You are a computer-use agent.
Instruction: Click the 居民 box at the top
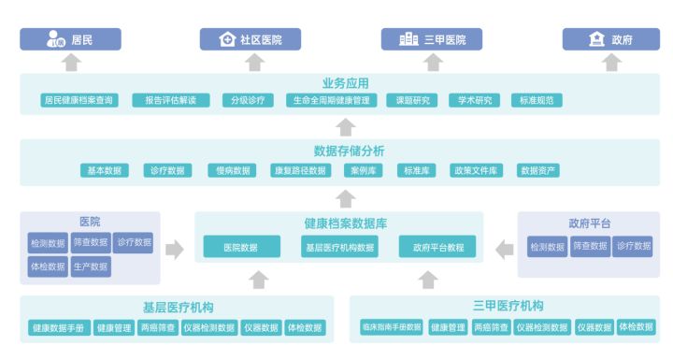click(x=71, y=39)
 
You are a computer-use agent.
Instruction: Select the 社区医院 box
click(x=251, y=39)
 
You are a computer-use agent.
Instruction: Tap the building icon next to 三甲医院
click(x=408, y=39)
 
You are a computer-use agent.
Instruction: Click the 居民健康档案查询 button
click(x=79, y=100)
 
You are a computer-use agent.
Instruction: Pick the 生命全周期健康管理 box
click(x=336, y=100)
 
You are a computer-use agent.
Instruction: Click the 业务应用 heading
click(x=345, y=82)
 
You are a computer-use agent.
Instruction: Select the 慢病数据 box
click(x=232, y=170)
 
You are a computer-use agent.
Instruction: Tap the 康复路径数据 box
click(x=298, y=170)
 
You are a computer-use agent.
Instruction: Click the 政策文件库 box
click(x=476, y=170)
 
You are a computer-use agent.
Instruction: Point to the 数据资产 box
click(x=538, y=170)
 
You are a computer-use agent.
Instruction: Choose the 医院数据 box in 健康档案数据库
click(x=241, y=247)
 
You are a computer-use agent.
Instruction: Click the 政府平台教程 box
click(x=437, y=247)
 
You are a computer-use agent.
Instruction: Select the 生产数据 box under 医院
click(x=92, y=266)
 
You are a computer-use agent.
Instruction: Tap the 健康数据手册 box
click(x=58, y=327)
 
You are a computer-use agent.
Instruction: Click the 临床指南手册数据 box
click(x=391, y=327)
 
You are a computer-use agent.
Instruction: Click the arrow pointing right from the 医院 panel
click(x=175, y=249)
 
